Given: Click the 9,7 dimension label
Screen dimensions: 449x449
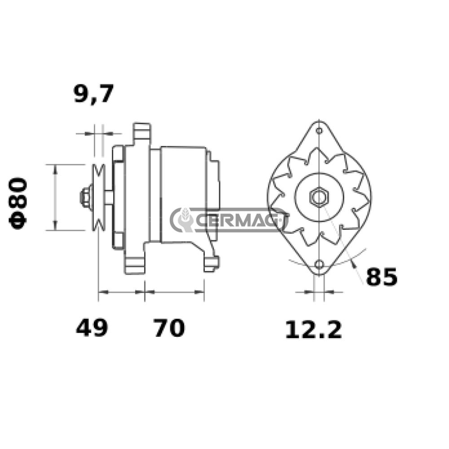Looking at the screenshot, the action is [94, 93].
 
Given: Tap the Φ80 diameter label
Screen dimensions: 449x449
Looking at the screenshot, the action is [18, 203].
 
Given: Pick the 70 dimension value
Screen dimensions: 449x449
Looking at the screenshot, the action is [169, 328].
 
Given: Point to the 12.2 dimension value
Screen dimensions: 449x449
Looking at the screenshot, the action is [313, 330].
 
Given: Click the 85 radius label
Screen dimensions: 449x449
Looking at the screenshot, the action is [382, 277].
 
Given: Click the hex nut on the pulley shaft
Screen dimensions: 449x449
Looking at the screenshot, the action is [85, 197].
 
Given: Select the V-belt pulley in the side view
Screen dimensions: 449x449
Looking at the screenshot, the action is [98, 198].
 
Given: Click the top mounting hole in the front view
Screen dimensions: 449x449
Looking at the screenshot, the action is [319, 131].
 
